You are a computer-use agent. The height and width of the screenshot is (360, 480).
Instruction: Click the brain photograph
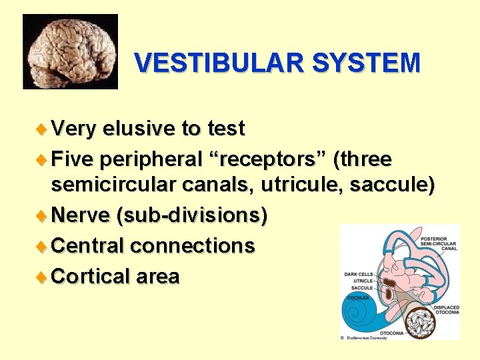tap(70, 51)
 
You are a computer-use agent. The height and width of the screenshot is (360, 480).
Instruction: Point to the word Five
tap(73, 160)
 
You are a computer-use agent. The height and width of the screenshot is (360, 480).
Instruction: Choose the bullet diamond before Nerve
tap(44, 216)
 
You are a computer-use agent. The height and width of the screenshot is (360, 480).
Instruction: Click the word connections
tap(193, 246)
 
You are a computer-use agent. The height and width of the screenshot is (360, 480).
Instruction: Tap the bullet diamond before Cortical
tap(44, 276)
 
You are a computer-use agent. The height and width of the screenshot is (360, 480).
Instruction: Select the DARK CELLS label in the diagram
tap(358, 274)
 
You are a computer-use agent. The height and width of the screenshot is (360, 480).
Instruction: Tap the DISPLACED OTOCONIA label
tap(447, 310)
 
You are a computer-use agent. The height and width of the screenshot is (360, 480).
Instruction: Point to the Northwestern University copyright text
tap(365, 338)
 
